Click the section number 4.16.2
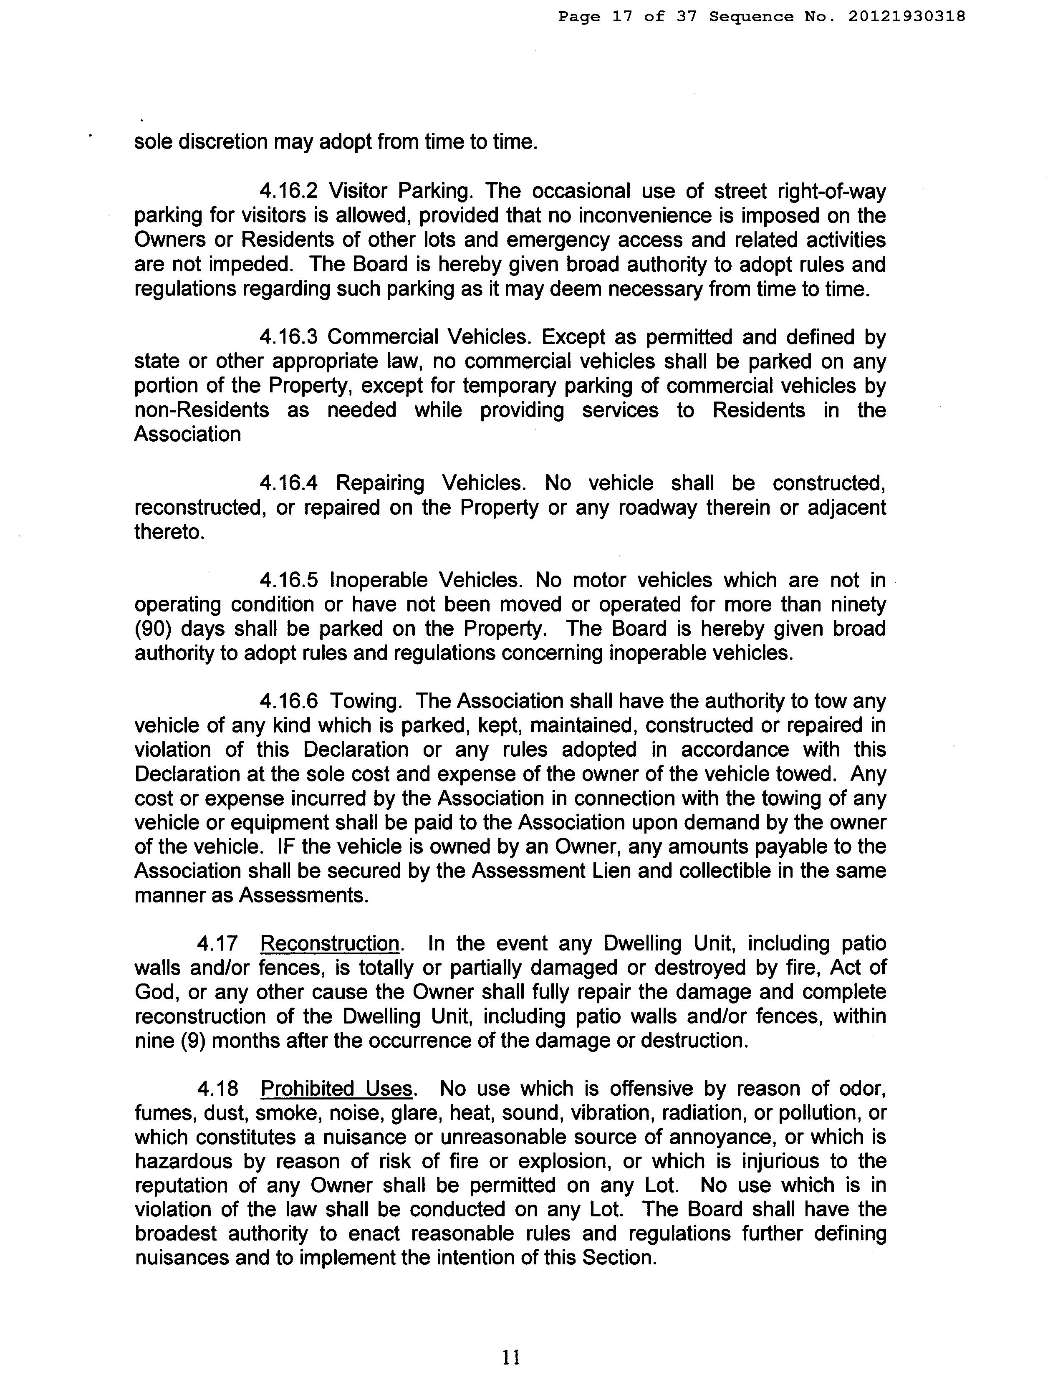pyautogui.click(x=288, y=191)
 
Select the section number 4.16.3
pyautogui.click(x=288, y=337)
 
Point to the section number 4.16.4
pyautogui.click(x=288, y=483)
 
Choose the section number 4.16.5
pyautogui.click(x=288, y=580)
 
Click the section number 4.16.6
pyautogui.click(x=288, y=701)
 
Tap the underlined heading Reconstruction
pyautogui.click(x=330, y=943)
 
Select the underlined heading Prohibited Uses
pyautogui.click(x=337, y=1089)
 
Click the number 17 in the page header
pyautogui.click(x=622, y=16)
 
